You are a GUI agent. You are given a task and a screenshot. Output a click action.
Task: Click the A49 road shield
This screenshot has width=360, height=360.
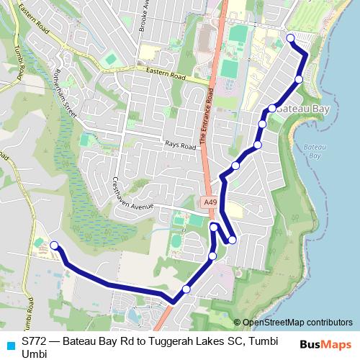pos(210,203)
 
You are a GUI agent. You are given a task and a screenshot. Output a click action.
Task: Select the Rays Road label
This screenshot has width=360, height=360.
pos(180,145)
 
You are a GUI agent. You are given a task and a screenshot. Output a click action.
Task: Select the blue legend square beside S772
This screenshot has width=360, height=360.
pos(9,343)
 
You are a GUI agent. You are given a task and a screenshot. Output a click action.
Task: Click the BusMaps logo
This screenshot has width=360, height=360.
pos(325,344)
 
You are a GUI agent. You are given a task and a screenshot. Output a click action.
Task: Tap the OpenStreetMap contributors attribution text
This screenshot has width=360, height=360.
pos(297,323)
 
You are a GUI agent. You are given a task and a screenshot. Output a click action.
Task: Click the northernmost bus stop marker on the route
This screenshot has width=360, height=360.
pos(290,37)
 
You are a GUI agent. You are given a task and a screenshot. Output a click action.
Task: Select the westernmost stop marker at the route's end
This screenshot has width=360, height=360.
pos(54,246)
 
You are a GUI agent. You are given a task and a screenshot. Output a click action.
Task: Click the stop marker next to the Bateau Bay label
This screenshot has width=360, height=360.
pos(272,109)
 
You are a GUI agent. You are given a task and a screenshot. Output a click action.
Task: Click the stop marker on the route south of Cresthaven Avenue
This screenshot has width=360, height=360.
pos(214,228)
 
